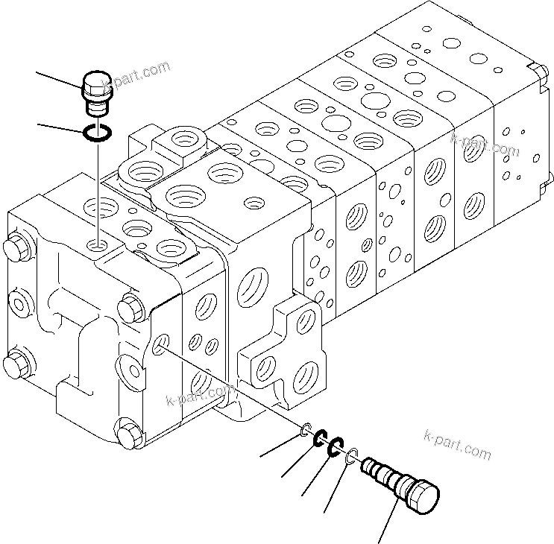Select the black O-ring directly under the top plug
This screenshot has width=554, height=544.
[97, 133]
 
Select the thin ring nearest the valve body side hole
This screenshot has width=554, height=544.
[306, 430]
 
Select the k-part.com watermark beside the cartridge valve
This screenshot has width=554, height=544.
[457, 444]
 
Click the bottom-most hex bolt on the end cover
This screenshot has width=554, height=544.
[127, 433]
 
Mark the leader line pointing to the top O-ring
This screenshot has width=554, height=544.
[60, 127]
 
